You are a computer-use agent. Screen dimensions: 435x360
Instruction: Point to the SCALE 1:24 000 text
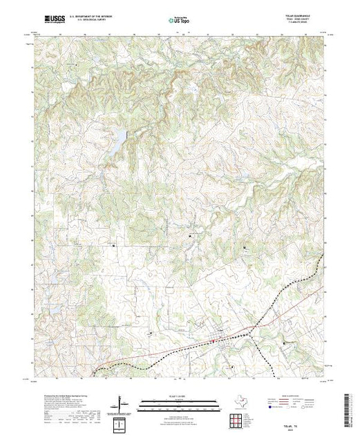click(x=178, y=397)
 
